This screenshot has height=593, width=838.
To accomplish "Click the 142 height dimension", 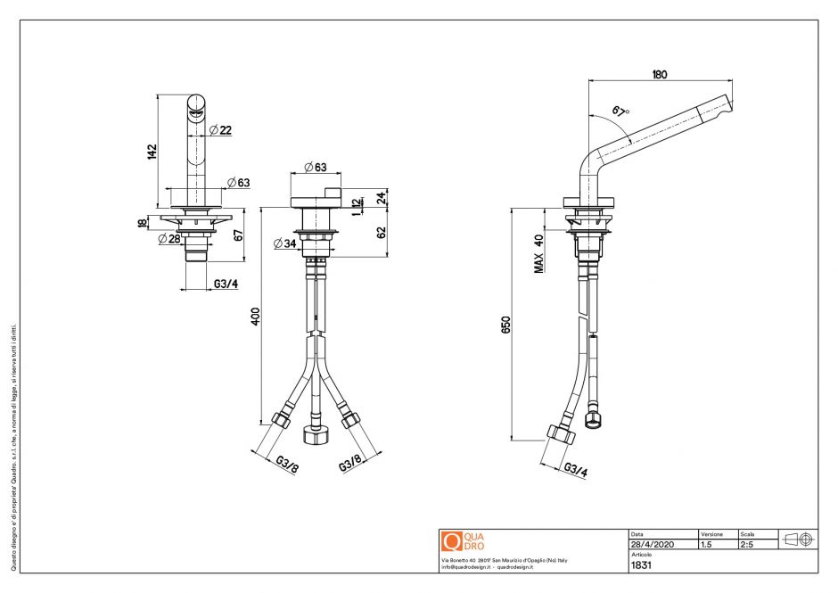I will (x=152, y=151).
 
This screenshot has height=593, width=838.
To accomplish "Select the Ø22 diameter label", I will (x=220, y=130).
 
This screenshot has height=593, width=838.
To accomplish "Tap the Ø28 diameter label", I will (x=169, y=238).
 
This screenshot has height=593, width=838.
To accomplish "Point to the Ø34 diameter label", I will (x=285, y=243).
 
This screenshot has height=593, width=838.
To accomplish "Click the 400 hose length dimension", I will (x=256, y=317).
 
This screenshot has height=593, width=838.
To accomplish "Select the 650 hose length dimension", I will (x=506, y=325).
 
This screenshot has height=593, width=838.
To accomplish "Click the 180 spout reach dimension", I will (x=660, y=75).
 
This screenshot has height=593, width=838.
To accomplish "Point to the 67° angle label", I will (x=620, y=111).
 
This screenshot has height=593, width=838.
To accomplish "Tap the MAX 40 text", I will (x=538, y=253).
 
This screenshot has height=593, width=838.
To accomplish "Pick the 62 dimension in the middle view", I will (x=382, y=232).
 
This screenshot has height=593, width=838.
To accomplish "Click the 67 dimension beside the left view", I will (x=238, y=235).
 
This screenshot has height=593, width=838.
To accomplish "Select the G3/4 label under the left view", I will (x=226, y=284).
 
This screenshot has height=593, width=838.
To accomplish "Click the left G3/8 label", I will (x=286, y=463).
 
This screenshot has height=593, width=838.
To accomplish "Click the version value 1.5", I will (x=707, y=544).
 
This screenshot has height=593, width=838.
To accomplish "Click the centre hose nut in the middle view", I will (x=316, y=435).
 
